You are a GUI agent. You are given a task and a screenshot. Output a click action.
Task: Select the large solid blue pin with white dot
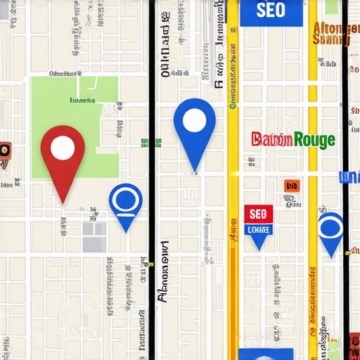194,130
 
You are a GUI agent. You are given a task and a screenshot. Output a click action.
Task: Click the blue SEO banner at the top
271,12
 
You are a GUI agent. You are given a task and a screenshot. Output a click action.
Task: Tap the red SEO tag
258,213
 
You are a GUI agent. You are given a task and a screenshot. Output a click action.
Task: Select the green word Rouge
314,139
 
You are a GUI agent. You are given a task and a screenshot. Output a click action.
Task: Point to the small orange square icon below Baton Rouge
290,186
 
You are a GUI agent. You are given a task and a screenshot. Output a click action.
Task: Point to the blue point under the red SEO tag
259,239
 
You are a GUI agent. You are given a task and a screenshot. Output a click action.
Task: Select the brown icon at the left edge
4,154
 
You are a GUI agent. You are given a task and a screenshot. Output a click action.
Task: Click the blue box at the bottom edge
265,354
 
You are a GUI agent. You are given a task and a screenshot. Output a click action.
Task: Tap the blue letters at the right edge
349,177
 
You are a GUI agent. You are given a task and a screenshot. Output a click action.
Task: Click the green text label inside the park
82,100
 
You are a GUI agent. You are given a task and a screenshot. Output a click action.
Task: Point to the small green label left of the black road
150,142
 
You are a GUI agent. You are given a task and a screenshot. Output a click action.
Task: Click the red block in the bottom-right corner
351,347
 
